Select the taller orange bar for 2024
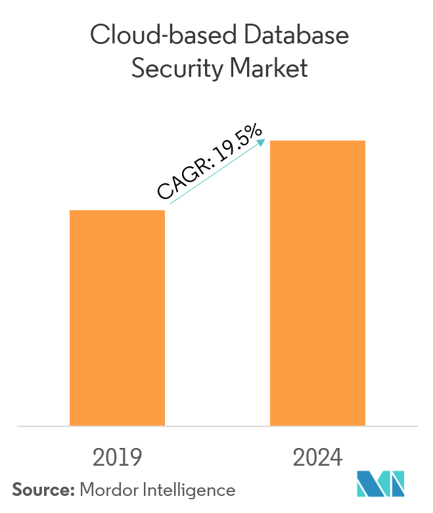317,282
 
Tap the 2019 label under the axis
117,457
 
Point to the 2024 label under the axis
317,457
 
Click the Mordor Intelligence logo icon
381,483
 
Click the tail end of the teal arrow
170,204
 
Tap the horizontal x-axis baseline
217,426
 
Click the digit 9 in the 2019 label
135,457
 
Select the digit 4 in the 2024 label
336,457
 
